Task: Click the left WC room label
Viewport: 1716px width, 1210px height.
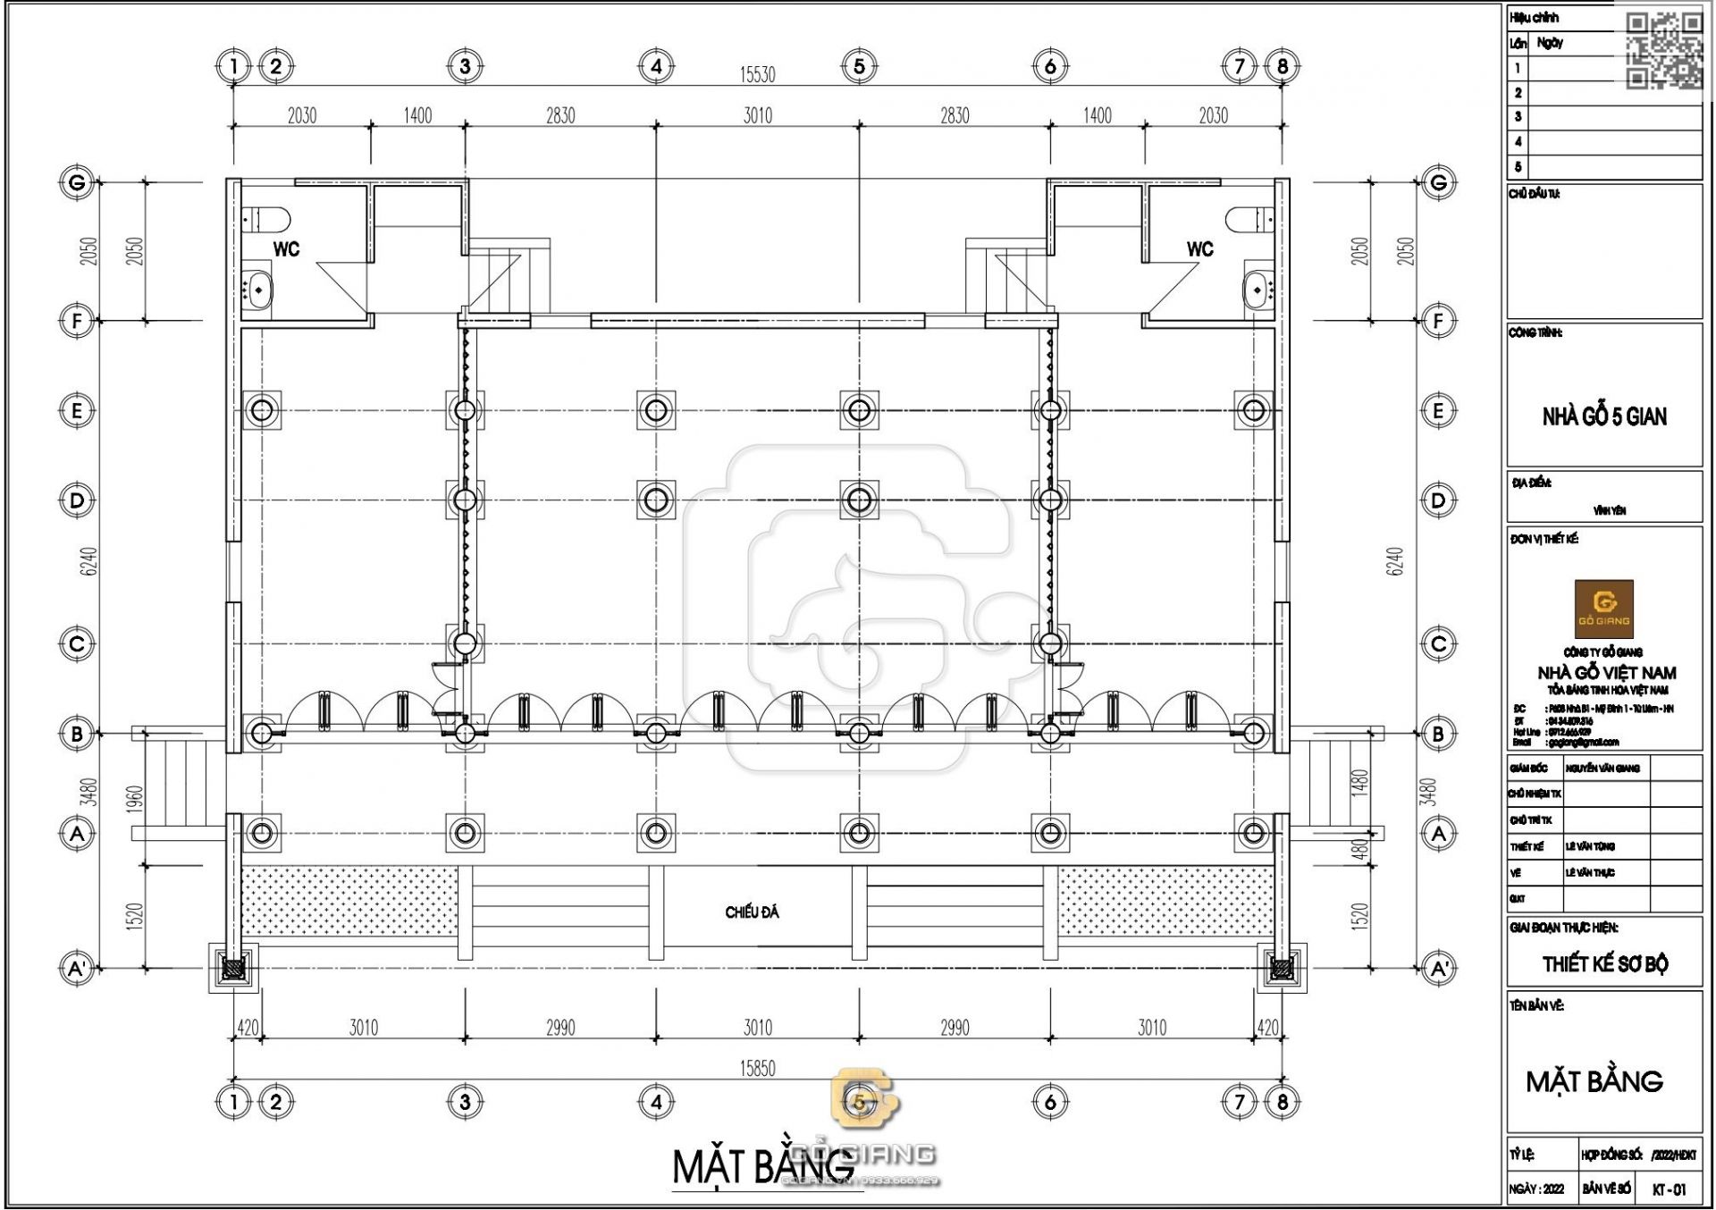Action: click(x=286, y=249)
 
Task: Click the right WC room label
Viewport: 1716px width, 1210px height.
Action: click(x=1199, y=249)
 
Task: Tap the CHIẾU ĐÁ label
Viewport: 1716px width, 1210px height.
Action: click(x=752, y=912)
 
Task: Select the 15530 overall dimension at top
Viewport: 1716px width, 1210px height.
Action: click(x=757, y=75)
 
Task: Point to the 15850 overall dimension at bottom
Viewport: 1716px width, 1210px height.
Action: click(x=757, y=1068)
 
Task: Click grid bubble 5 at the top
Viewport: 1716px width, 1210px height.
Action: click(x=859, y=65)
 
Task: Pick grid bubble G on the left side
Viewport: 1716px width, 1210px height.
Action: click(x=77, y=183)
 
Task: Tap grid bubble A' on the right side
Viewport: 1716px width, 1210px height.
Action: click(x=1439, y=968)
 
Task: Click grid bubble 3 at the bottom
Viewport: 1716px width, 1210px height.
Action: click(x=465, y=1102)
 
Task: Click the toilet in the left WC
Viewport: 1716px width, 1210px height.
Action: click(x=267, y=218)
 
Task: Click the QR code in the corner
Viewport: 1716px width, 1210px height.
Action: click(x=1663, y=51)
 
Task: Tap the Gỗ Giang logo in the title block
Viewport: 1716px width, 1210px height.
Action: click(x=1603, y=608)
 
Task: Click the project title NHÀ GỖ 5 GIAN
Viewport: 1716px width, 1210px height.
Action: click(x=1603, y=416)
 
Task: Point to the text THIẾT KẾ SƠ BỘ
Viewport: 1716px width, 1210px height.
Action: click(x=1604, y=964)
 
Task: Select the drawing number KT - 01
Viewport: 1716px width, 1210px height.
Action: click(x=1669, y=1189)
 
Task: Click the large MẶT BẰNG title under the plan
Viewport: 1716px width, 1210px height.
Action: click(x=762, y=1166)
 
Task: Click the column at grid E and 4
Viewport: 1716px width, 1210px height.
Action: click(x=656, y=410)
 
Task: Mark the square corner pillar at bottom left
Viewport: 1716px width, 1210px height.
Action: click(x=234, y=968)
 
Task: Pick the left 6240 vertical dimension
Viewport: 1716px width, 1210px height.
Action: click(x=88, y=561)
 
